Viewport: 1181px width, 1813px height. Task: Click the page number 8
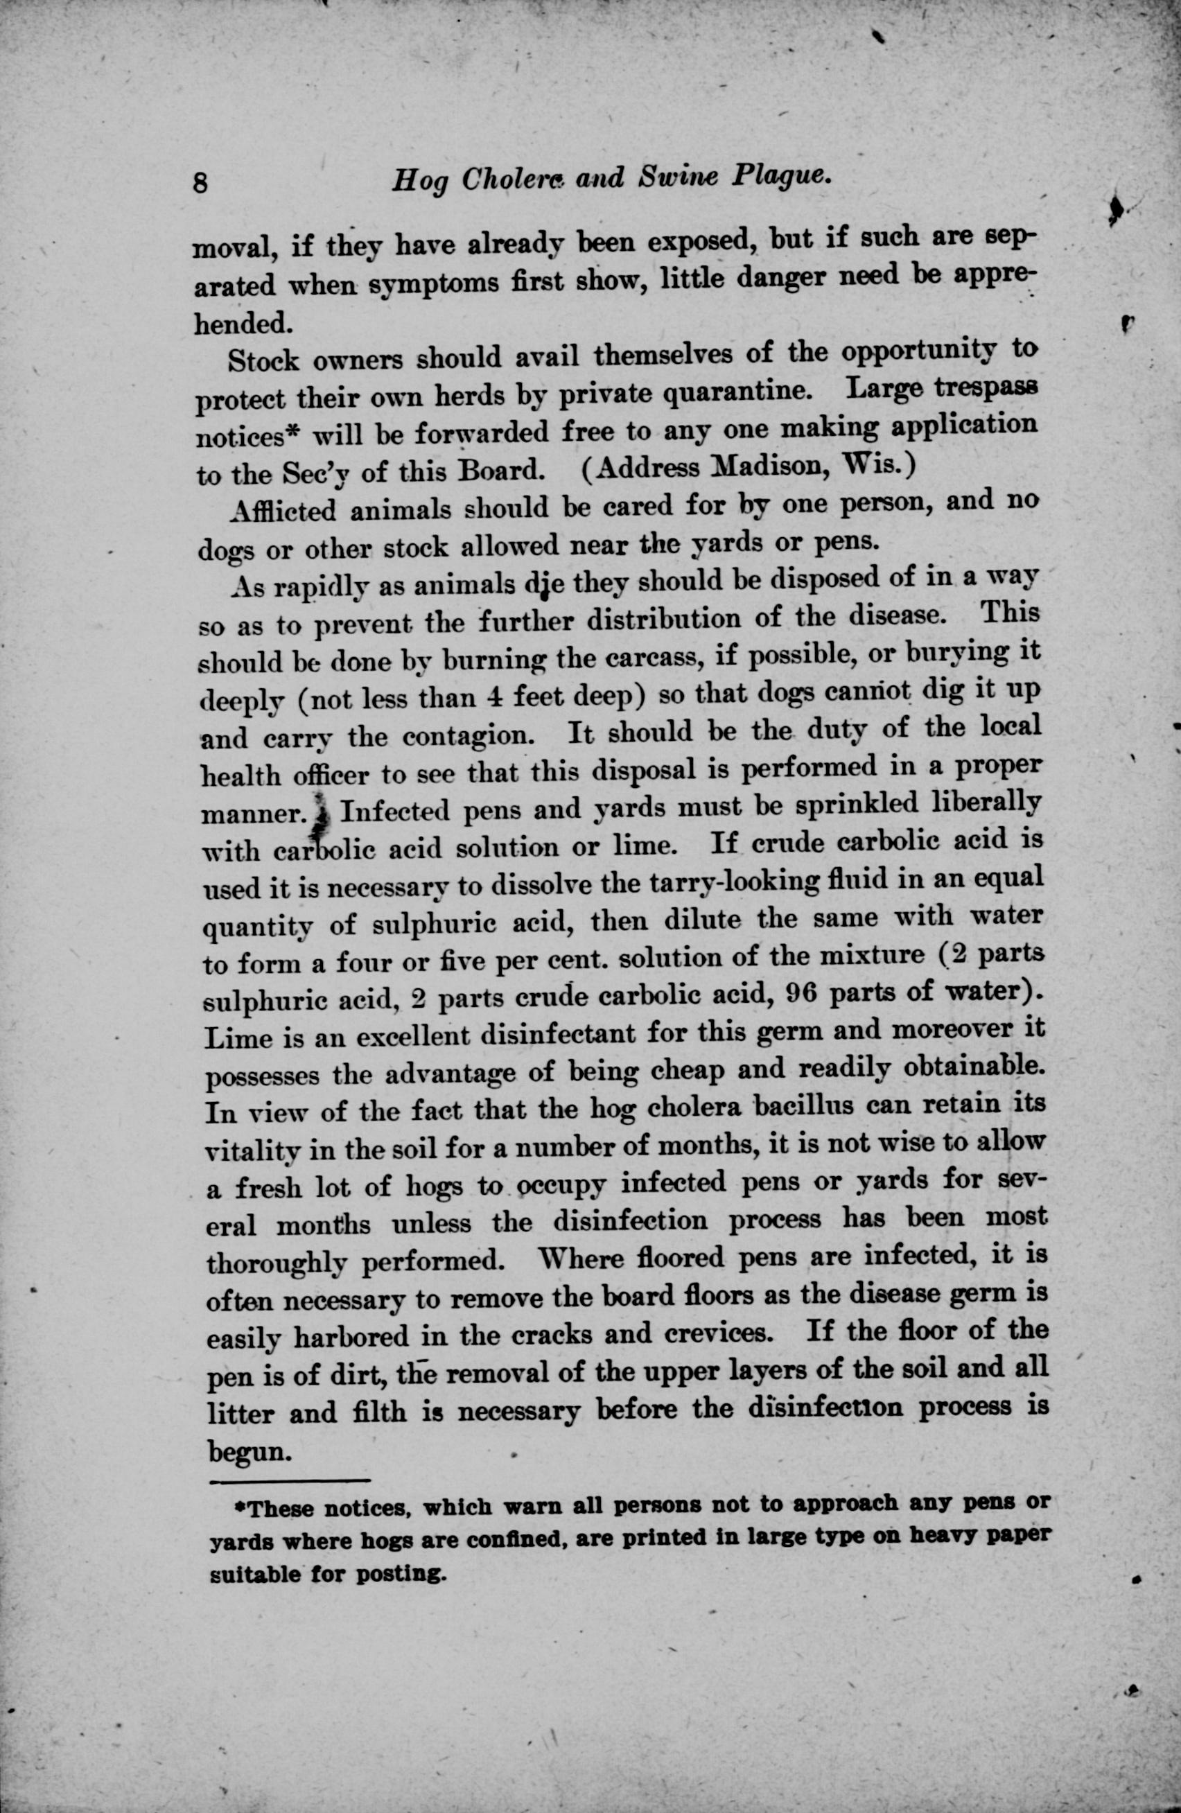click(x=202, y=184)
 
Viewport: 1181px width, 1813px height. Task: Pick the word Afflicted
click(x=282, y=509)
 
